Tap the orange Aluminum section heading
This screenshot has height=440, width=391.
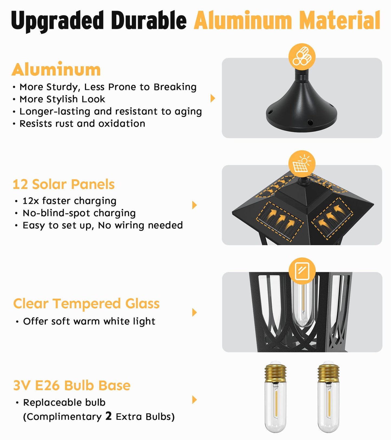(56, 70)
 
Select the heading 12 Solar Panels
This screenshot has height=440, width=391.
(64, 184)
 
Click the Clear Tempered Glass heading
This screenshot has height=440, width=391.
(86, 304)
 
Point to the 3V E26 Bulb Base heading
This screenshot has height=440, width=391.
(72, 385)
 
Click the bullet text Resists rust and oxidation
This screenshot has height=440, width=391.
(82, 124)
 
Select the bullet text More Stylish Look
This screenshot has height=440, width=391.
(62, 99)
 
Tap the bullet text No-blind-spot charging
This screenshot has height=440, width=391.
(79, 213)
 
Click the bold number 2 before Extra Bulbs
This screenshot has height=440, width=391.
(109, 416)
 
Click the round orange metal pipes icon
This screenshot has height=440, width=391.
(302, 57)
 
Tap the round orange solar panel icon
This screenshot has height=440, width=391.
(302, 164)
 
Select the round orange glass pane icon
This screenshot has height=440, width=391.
(302, 271)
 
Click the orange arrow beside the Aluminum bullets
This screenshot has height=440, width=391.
(213, 98)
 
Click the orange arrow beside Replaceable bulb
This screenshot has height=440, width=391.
(194, 400)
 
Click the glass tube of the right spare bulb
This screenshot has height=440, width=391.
(328, 409)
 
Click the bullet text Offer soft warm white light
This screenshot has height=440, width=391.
(89, 321)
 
